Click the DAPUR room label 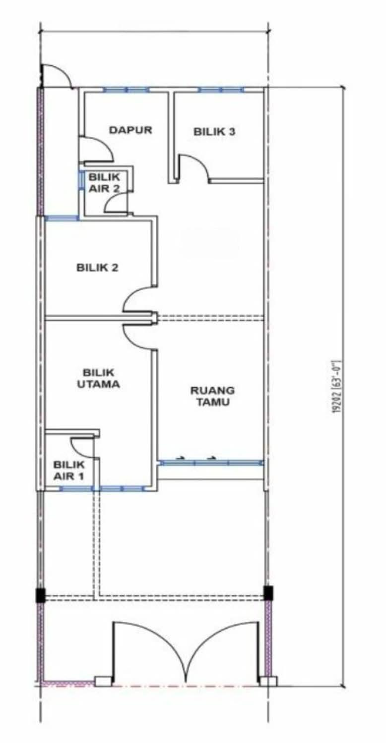click(x=130, y=130)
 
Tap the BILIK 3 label click(x=214, y=132)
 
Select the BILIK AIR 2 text click(x=104, y=183)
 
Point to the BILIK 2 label click(x=97, y=267)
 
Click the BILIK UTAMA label click(x=98, y=378)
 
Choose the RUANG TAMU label click(x=213, y=396)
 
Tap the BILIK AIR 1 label click(x=69, y=471)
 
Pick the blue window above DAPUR click(x=126, y=90)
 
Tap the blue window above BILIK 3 click(x=221, y=90)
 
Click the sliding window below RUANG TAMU click(x=211, y=463)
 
